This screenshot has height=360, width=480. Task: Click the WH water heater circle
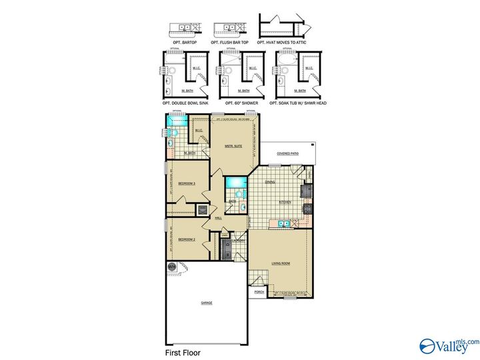[171, 267]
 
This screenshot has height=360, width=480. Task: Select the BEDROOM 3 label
[186, 183]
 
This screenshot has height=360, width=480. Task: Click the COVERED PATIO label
[287, 153]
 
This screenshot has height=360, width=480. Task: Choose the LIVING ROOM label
[281, 263]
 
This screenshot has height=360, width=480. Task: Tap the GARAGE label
[207, 303]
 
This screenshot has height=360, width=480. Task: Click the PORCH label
[259, 291]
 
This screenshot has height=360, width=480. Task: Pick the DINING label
[269, 181]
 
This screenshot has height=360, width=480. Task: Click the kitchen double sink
[283, 224]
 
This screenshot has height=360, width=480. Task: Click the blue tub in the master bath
[177, 120]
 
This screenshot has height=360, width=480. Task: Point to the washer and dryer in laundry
[227, 254]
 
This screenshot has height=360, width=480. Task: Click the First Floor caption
[183, 352]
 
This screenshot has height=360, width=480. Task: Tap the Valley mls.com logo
[448, 345]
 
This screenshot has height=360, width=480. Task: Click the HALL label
[219, 218]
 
